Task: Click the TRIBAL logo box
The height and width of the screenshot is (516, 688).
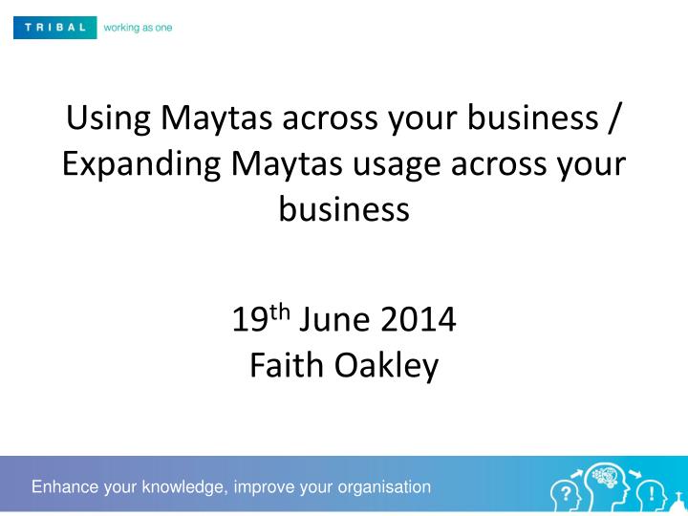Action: click(54, 28)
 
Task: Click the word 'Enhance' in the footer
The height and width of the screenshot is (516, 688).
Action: click(65, 487)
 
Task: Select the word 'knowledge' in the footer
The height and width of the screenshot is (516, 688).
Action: click(181, 487)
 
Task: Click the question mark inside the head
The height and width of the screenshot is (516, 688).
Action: click(566, 493)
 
